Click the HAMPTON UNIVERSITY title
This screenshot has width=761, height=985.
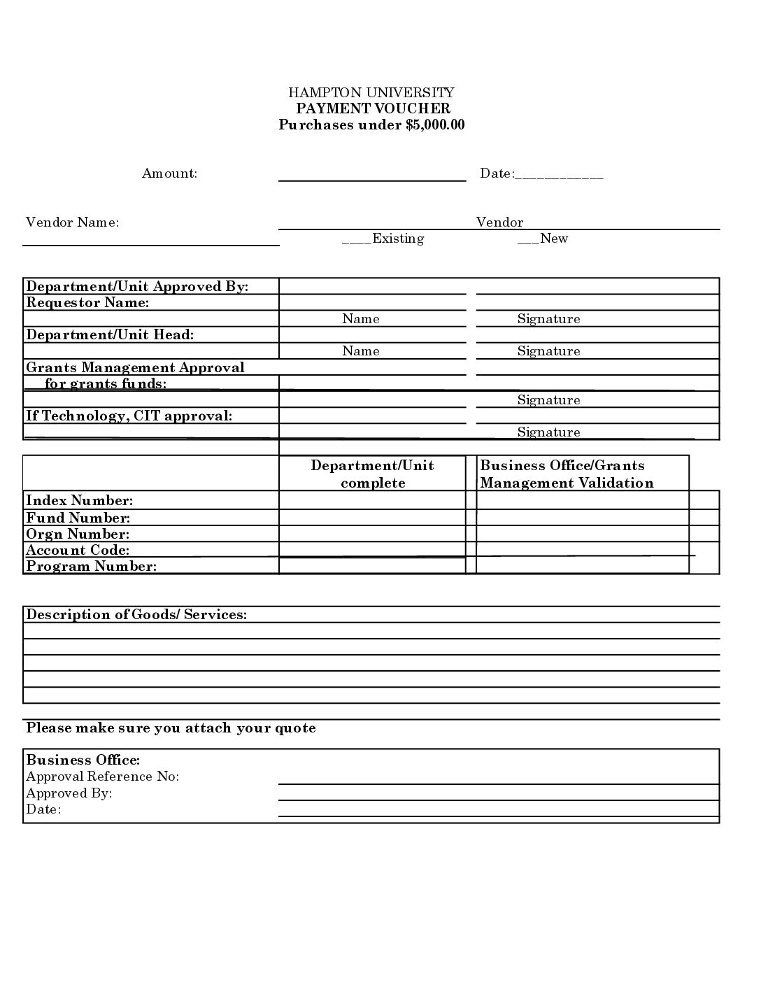(371, 92)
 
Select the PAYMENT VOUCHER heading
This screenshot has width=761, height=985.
(373, 108)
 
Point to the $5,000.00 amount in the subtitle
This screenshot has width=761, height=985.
(434, 125)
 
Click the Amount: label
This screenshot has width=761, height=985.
(170, 173)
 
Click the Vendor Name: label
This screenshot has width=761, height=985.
(72, 222)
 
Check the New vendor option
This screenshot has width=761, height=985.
(525, 239)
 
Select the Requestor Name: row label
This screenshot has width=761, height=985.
(87, 303)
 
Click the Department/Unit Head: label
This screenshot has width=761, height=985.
(110, 334)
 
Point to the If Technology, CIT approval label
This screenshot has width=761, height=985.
(129, 416)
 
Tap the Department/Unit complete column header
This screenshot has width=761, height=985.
(372, 474)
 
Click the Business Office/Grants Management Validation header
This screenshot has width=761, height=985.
(567, 474)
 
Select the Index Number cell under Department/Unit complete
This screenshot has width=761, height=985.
(372, 500)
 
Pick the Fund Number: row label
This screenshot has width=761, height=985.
(78, 518)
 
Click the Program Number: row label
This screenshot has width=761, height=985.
(91, 566)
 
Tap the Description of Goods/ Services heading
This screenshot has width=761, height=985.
(136, 614)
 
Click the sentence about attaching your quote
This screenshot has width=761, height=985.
(171, 728)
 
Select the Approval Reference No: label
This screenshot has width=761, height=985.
(103, 777)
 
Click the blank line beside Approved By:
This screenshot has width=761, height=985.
(498, 794)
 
